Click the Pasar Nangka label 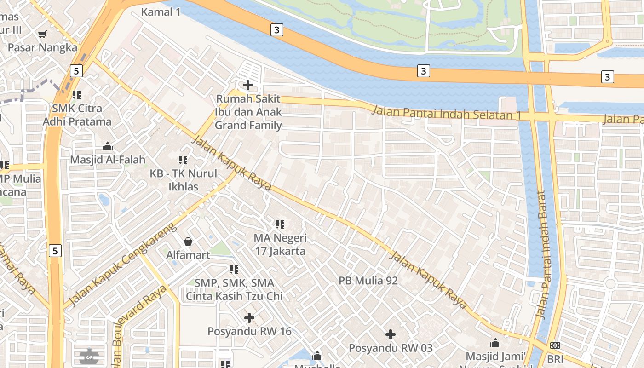pyautogui.click(x=42, y=47)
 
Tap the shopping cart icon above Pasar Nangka pyautogui.click(x=42, y=34)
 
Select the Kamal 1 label pyautogui.click(x=161, y=12)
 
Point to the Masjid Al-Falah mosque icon pyautogui.click(x=108, y=147)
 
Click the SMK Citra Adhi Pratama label pyautogui.click(x=77, y=115)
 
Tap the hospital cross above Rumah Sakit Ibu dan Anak pyautogui.click(x=248, y=85)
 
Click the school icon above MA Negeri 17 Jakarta pyautogui.click(x=280, y=224)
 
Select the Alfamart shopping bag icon pyautogui.click(x=188, y=241)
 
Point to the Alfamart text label pyautogui.click(x=188, y=255)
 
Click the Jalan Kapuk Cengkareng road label pyautogui.click(x=121, y=265)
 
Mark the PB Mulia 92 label pyautogui.click(x=368, y=281)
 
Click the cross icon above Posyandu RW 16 pyautogui.click(x=249, y=318)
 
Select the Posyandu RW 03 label pyautogui.click(x=391, y=348)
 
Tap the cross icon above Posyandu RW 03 pyautogui.click(x=391, y=334)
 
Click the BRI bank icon pyautogui.click(x=555, y=345)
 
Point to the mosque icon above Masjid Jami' pyautogui.click(x=495, y=343)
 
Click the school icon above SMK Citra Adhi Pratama pyautogui.click(x=77, y=95)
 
